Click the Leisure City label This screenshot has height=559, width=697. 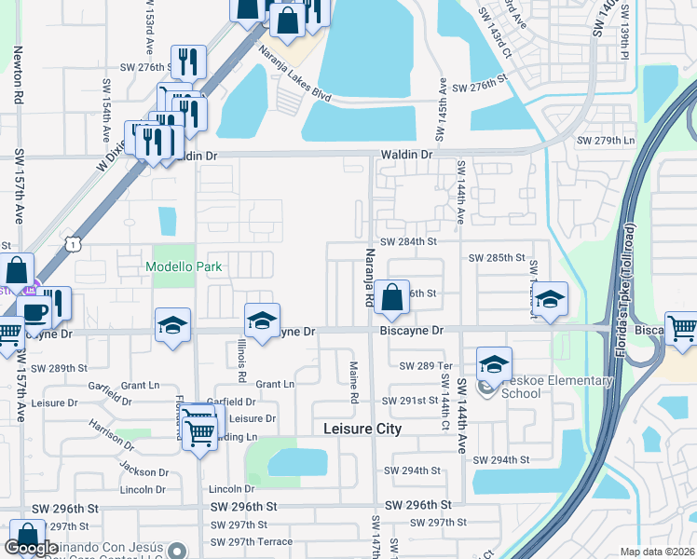362,429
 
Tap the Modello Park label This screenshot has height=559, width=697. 184,266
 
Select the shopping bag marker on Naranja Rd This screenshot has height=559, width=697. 393,299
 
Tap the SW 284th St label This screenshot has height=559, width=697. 408,241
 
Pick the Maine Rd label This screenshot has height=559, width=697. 354,383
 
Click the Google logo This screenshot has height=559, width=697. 31,549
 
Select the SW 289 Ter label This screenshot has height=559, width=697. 424,366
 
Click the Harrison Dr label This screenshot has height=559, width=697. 116,434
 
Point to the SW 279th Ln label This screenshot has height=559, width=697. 606,141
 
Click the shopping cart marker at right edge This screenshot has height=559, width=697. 682,329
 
